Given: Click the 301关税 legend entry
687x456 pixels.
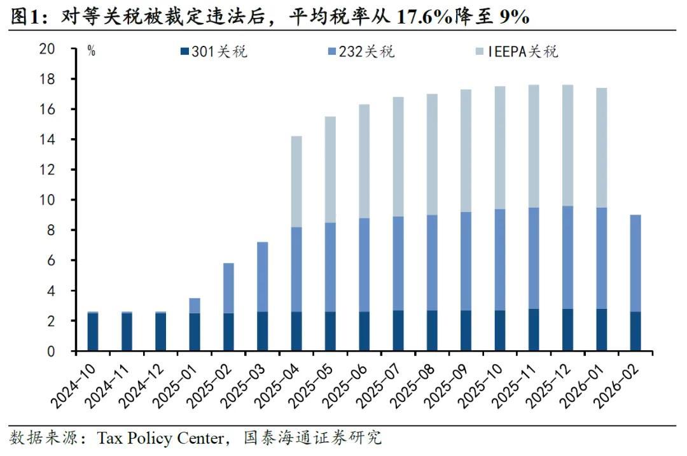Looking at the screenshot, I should coord(213,52).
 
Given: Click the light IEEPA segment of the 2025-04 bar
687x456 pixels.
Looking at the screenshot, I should coord(296,182).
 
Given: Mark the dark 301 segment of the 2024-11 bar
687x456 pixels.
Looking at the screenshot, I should coord(127,332).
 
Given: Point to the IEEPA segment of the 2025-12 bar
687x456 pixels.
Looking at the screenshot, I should coord(567,145).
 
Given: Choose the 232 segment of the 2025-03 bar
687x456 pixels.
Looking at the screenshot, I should coord(263,277).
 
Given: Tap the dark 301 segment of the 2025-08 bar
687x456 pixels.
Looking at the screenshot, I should coord(432,331).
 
